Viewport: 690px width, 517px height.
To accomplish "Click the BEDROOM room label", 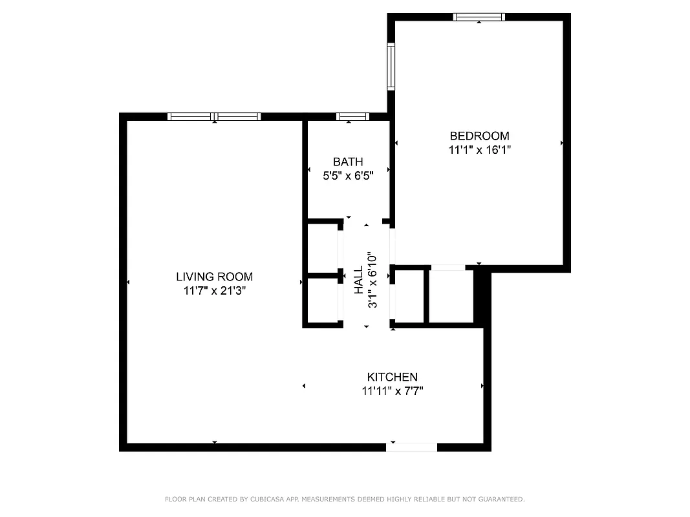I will pyautogui.click(x=479, y=136).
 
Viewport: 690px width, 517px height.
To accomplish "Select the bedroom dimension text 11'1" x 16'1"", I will pyautogui.click(x=479, y=149).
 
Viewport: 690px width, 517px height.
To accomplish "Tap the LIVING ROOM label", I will pyautogui.click(x=214, y=277).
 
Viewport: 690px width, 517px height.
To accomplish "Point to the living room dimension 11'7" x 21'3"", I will pyautogui.click(x=214, y=291).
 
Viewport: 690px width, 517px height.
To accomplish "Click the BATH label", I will pyautogui.click(x=348, y=162).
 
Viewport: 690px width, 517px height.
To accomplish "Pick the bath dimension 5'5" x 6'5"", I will pyautogui.click(x=348, y=174).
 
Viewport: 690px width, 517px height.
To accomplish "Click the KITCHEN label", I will pyautogui.click(x=392, y=377).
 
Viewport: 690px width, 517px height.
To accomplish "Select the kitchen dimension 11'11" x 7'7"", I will pyautogui.click(x=392, y=390).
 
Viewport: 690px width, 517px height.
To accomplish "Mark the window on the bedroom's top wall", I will pyautogui.click(x=479, y=17).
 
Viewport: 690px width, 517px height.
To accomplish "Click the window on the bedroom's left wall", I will pyautogui.click(x=391, y=66).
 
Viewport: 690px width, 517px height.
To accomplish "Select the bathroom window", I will pyautogui.click(x=352, y=116).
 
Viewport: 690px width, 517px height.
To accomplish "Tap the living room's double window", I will pyautogui.click(x=214, y=116).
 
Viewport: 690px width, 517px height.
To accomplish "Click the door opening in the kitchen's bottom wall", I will pyautogui.click(x=412, y=447).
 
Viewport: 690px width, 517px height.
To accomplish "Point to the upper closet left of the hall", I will pyautogui.click(x=323, y=248).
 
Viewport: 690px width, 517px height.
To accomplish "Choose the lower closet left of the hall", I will pyautogui.click(x=323, y=300).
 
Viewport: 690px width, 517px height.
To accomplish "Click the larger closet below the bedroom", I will pyautogui.click(x=451, y=295).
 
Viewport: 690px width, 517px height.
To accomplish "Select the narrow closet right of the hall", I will pyautogui.click(x=409, y=295).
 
